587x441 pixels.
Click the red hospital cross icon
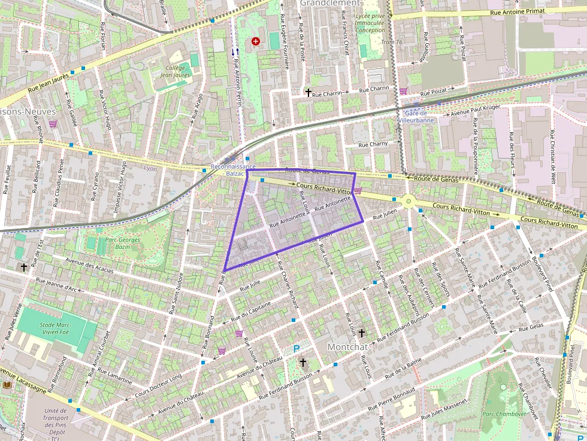pos(256,41)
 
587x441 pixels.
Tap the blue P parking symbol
pos(296,348)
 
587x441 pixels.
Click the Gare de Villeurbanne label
pos(416,115)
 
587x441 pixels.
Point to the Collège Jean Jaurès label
pos(174,71)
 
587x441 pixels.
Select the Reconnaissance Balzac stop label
pos(233,170)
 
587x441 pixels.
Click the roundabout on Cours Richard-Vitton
pos(409,201)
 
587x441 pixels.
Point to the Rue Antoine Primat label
pos(516,11)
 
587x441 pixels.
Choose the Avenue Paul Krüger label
pos(476,111)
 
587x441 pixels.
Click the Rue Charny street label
pos(373,144)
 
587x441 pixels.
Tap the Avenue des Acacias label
pos(89,265)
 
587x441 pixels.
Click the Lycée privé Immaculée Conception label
pos(370,23)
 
